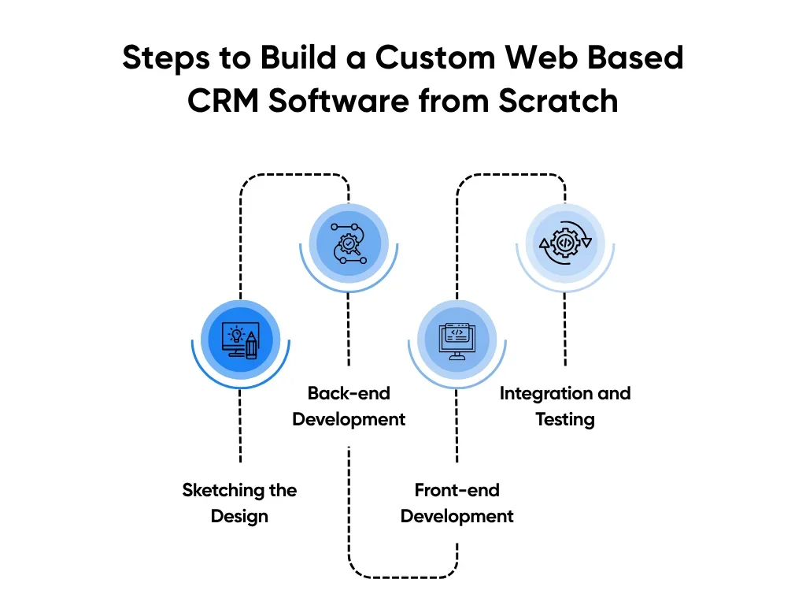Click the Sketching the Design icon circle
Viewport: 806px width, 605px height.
(x=240, y=340)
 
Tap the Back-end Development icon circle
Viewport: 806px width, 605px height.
(x=349, y=242)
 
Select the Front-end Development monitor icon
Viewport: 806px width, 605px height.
(x=457, y=340)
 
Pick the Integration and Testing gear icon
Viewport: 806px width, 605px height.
(x=565, y=242)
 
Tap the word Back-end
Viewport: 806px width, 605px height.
(x=349, y=393)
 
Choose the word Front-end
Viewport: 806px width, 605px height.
(x=457, y=490)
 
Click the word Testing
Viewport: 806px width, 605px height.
(x=565, y=419)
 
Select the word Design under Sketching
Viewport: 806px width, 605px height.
(x=240, y=517)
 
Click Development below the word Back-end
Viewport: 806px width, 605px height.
(x=349, y=419)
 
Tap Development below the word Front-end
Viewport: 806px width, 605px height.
(x=457, y=517)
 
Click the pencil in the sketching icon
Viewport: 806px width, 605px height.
(x=251, y=343)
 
